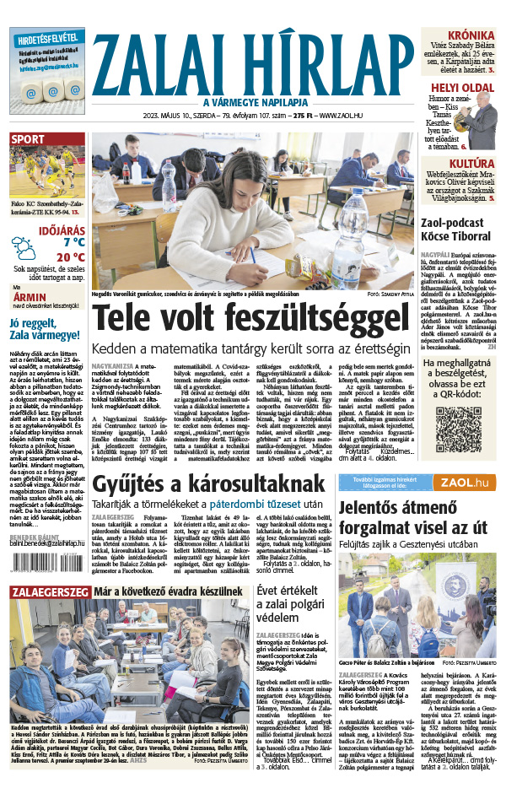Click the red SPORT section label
pos(28,139)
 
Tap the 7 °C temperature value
pos(51,241)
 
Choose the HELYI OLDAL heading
pos(462,87)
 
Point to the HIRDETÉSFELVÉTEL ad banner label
pos(47,39)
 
